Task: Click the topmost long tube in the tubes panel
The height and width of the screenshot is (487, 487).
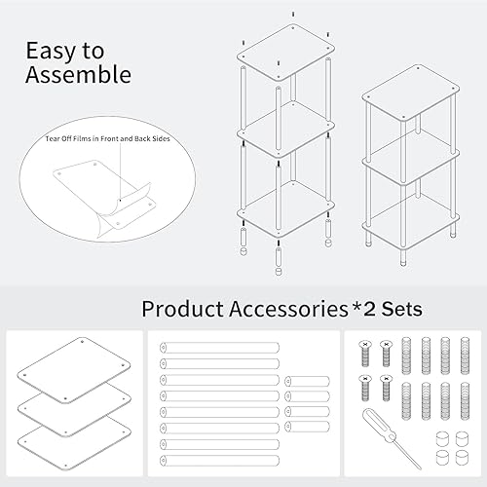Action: click(x=219, y=347)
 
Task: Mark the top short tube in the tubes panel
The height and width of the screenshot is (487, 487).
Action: click(x=307, y=381)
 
